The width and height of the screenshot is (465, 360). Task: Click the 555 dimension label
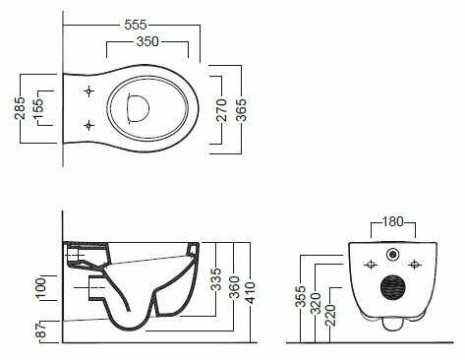click(x=136, y=25)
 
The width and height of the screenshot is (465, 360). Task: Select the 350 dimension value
click(x=147, y=41)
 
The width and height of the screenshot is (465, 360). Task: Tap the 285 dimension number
click(x=20, y=108)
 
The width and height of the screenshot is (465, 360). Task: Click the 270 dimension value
click(x=222, y=110)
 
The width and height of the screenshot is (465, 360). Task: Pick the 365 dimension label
click(x=241, y=110)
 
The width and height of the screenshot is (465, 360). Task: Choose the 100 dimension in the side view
click(x=41, y=288)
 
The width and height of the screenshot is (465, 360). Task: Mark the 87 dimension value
click(x=41, y=330)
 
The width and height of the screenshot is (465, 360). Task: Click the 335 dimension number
click(x=215, y=279)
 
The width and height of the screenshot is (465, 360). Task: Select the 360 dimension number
click(x=234, y=288)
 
